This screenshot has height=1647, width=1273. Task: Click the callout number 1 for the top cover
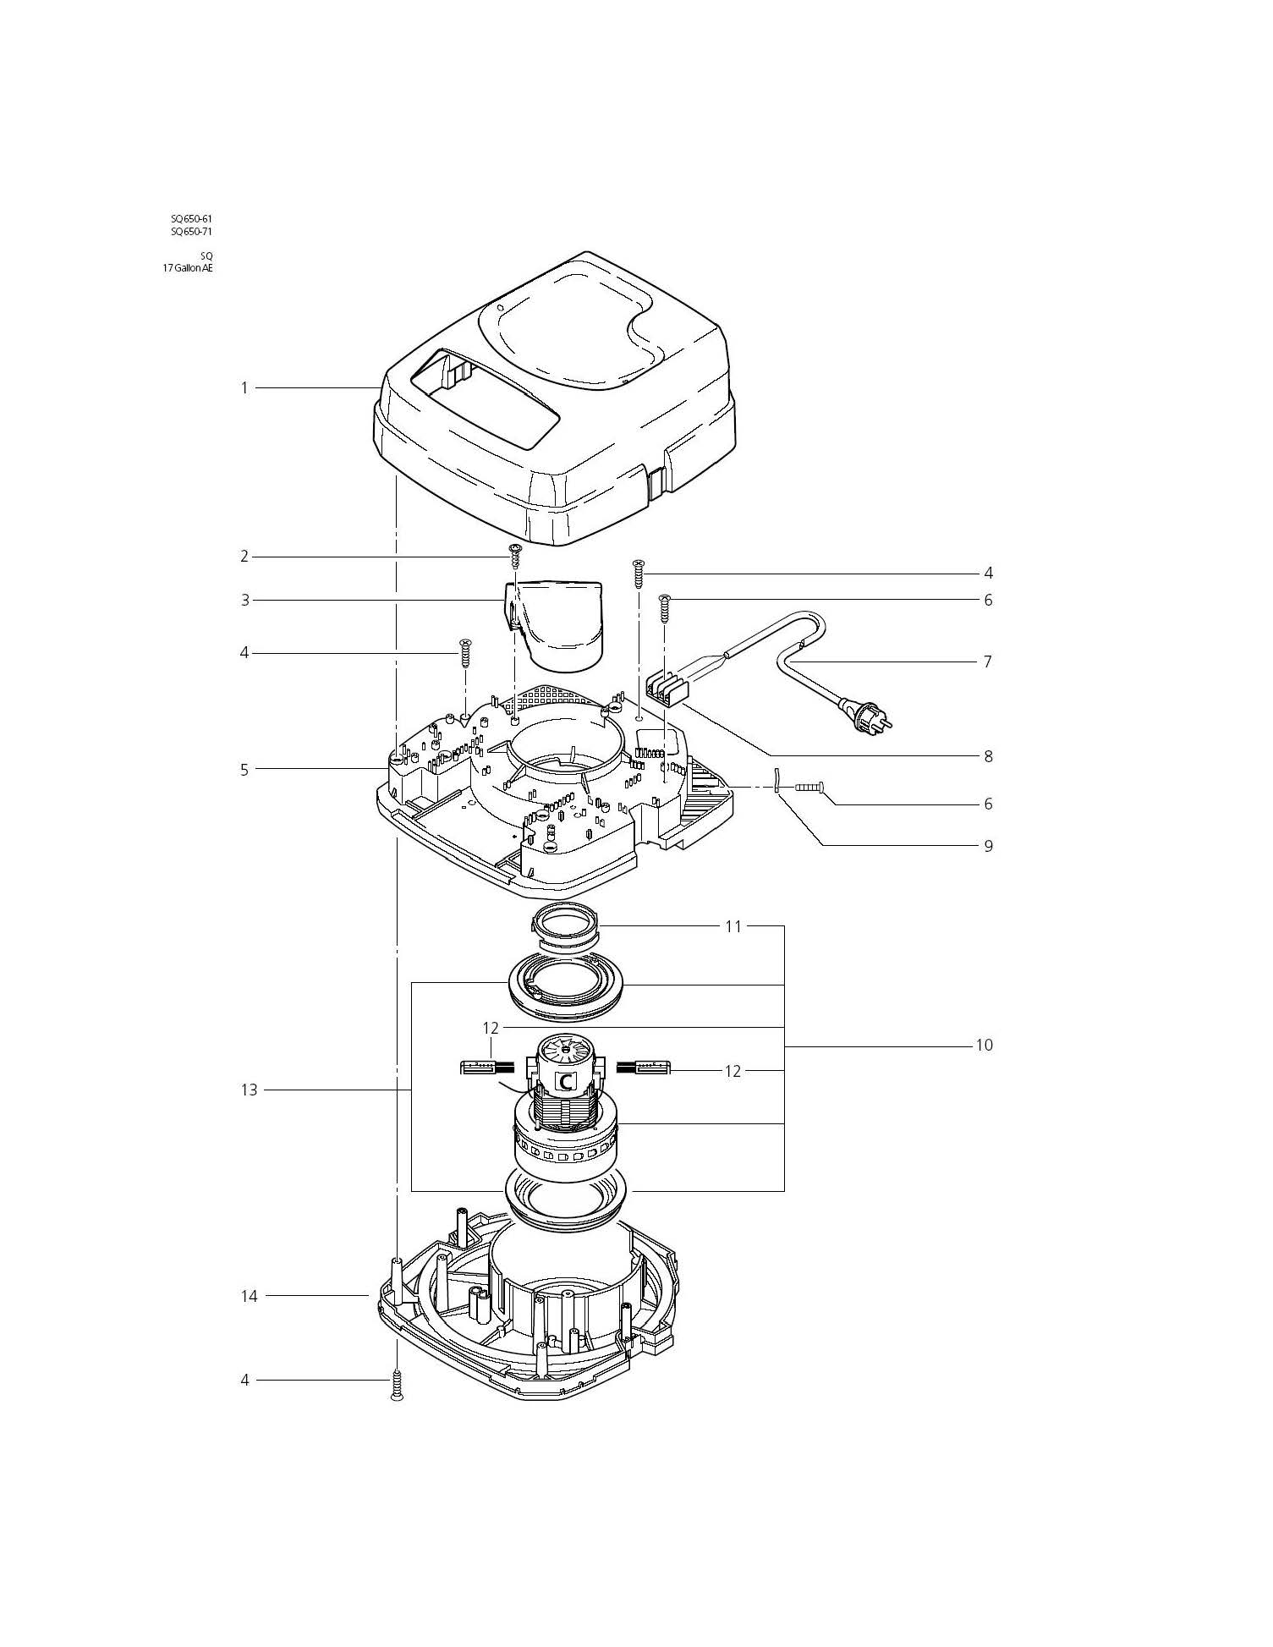pyautogui.click(x=244, y=388)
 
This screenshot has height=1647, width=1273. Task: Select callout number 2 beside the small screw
pyautogui.click(x=244, y=557)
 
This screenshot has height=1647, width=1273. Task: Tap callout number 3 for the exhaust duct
pyautogui.click(x=245, y=601)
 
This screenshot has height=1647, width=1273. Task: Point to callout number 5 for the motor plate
pyautogui.click(x=244, y=770)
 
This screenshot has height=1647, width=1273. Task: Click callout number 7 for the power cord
pyautogui.click(x=987, y=662)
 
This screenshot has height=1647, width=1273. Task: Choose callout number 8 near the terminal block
pyautogui.click(x=988, y=756)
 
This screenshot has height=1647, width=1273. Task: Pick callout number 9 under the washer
pyautogui.click(x=988, y=846)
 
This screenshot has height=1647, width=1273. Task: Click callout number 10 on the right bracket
pyautogui.click(x=984, y=1046)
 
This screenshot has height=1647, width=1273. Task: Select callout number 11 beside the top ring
pyautogui.click(x=733, y=927)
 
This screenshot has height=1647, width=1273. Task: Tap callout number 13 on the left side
pyautogui.click(x=249, y=1090)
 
